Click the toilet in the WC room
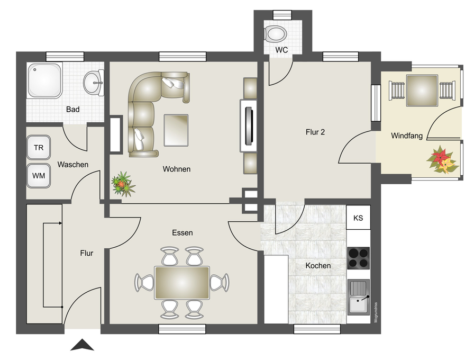pos(276,33)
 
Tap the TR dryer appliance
pos(39,147)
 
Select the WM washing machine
pos(39,176)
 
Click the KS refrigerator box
pos(358,218)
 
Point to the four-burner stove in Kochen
pos(359,258)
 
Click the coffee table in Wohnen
pos(176,130)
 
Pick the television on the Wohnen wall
pos(249,125)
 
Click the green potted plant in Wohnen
pos(123,184)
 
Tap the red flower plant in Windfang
pos(442,159)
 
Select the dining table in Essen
pos(182,283)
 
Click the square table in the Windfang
pos(422,91)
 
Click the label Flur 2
pos(315,132)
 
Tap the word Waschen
pos(73,165)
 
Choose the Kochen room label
pos(318,266)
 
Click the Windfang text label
pos(407,136)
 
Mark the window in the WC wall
pos(282,15)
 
